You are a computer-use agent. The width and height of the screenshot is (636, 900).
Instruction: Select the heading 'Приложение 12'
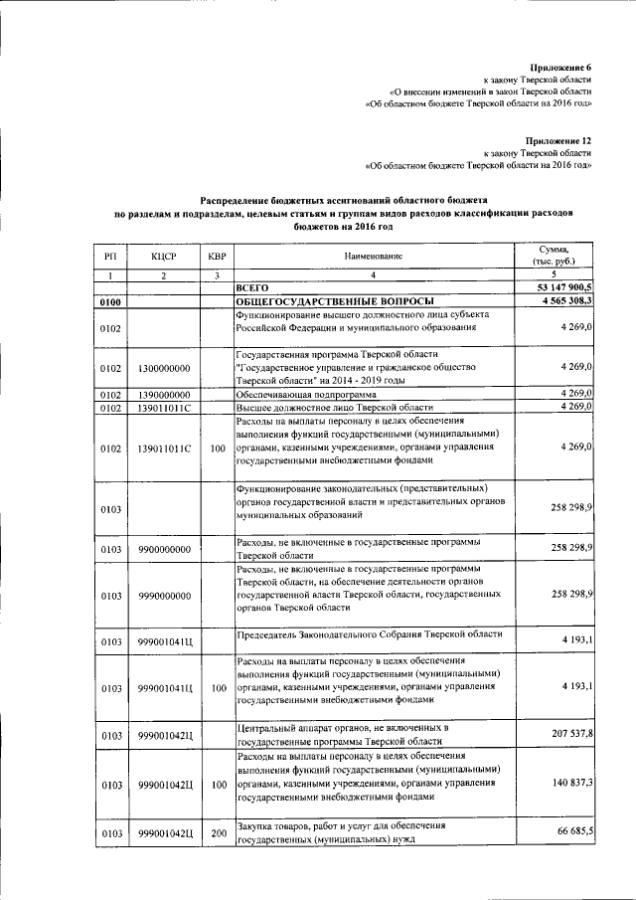coord(558,140)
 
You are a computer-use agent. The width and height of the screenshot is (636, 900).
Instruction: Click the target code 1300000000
coord(164,368)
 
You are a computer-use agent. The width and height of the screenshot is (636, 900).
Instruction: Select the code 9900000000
coord(164,549)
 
